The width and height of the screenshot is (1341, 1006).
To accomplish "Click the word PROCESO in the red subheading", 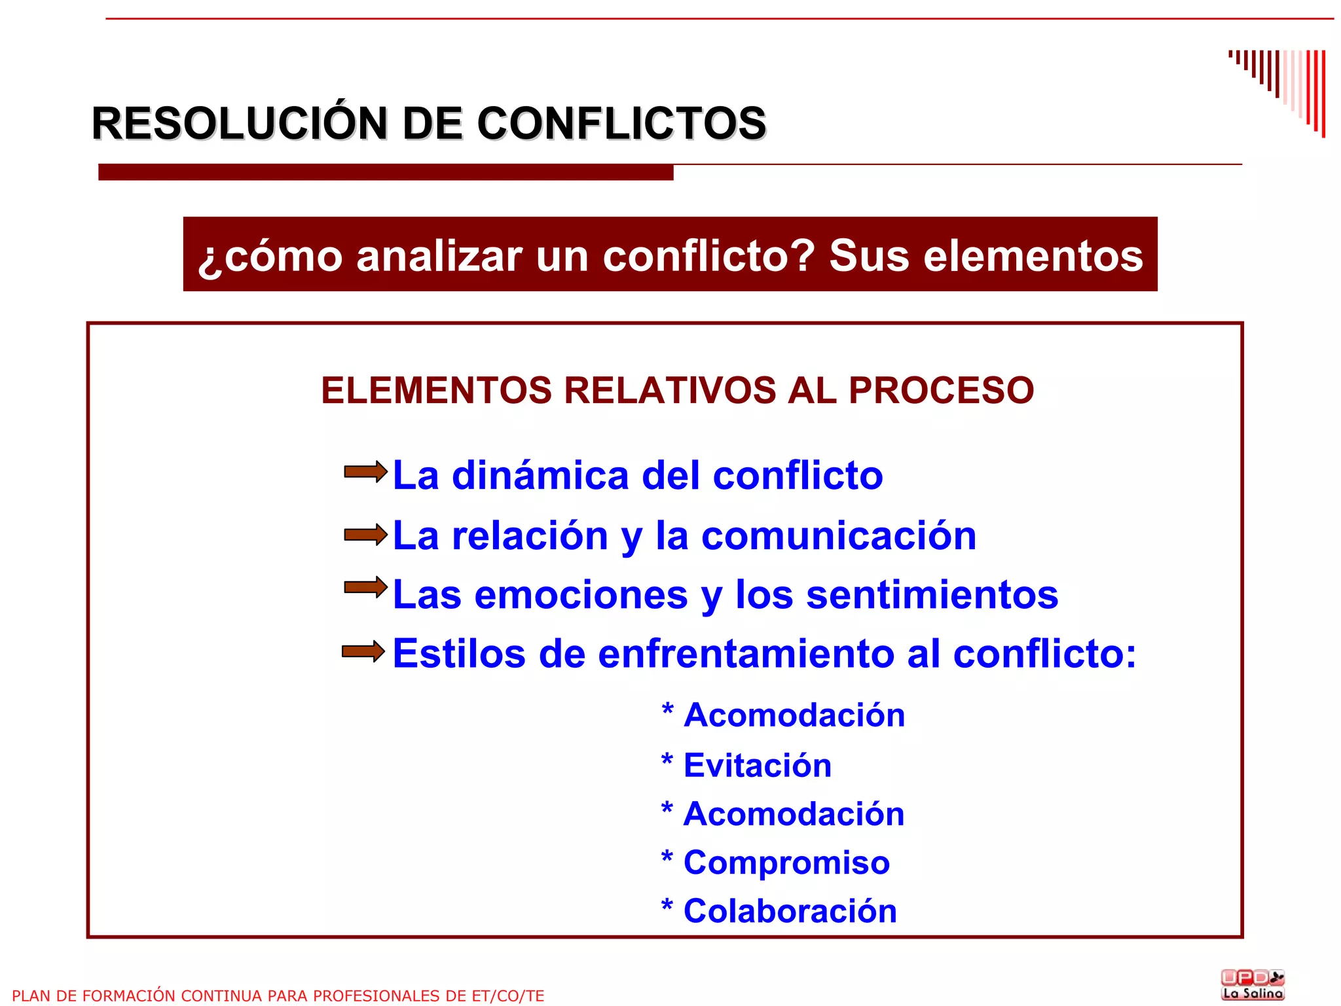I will point(941,391).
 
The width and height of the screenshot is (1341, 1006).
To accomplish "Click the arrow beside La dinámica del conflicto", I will point(365,472).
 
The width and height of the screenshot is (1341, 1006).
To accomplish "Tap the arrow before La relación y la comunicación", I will point(365,535).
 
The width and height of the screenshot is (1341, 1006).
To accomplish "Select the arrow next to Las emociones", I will point(365,587).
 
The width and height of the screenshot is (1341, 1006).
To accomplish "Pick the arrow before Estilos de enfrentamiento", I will point(363,651).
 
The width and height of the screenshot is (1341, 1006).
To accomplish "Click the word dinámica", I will point(540,475).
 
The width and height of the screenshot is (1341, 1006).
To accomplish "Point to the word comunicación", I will point(839,536).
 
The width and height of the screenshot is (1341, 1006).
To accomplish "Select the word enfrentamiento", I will point(746,654).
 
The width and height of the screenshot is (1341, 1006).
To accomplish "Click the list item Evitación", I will point(758,765).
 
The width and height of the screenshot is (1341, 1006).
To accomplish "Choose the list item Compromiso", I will point(786,863).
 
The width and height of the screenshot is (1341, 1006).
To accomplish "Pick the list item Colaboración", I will point(790,911).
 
